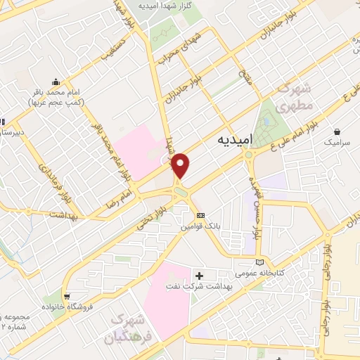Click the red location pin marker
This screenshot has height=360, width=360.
pos(181,166)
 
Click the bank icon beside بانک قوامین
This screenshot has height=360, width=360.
pos(201,215)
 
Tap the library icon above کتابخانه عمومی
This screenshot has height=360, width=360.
pos(261,262)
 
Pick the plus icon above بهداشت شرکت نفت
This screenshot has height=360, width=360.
pos(200,275)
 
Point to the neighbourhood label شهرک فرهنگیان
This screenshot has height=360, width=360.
pos(134,328)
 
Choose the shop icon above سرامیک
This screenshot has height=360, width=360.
pos(337,131)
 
